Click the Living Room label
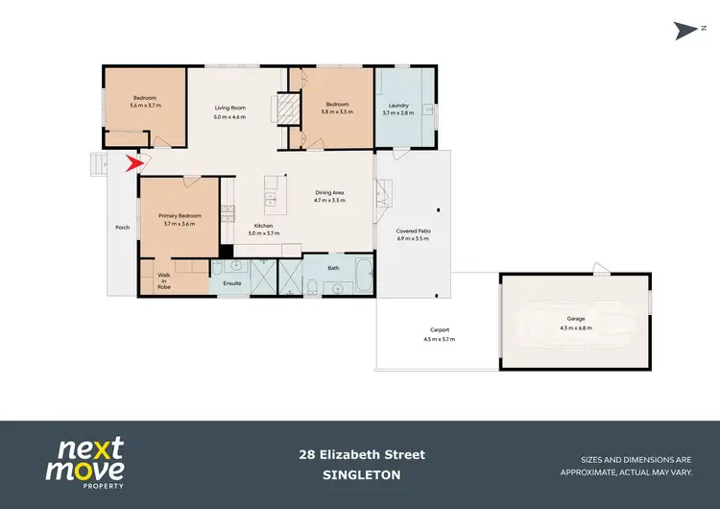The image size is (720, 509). (x=229, y=108)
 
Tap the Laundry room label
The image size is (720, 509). (x=396, y=105)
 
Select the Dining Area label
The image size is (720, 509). (x=329, y=193)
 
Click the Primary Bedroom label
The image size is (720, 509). (x=180, y=216)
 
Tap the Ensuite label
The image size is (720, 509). (x=231, y=284)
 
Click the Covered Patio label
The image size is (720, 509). (x=414, y=231)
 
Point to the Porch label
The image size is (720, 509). (x=122, y=228)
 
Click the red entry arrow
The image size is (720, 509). (x=132, y=164)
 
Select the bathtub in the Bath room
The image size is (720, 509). (x=363, y=277)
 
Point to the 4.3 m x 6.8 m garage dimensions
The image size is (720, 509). (x=575, y=327)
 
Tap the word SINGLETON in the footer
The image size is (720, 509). (x=361, y=474)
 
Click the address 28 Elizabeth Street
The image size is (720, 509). (x=361, y=454)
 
